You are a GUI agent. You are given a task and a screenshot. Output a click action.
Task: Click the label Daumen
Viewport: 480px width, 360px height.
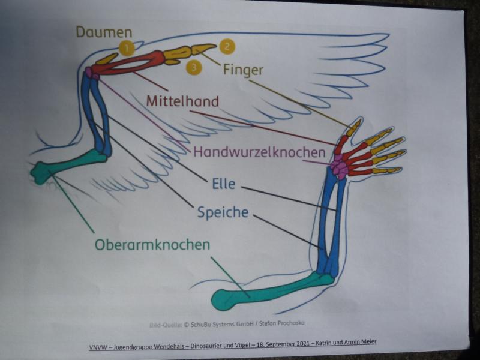click(x=104, y=32)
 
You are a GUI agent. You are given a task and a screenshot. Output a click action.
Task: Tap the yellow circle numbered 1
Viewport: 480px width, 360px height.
click(x=127, y=48)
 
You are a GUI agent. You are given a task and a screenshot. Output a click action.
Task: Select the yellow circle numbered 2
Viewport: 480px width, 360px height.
click(x=227, y=46)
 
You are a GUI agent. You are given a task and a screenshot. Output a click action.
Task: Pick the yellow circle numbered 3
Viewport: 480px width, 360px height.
click(x=194, y=67)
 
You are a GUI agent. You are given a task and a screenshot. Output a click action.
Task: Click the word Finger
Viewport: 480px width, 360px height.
click(x=243, y=70)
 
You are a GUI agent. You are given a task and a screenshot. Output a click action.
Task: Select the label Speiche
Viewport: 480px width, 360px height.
click(x=223, y=212)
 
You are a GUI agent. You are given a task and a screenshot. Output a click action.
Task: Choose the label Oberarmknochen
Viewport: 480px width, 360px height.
click(x=152, y=245)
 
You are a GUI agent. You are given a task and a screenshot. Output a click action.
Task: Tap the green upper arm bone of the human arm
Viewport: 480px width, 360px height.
click(x=270, y=289)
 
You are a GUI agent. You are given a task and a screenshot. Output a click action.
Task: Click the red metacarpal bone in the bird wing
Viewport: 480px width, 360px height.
click(x=129, y=62)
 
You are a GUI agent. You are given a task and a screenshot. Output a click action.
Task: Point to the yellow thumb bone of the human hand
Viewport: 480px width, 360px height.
click(x=354, y=127)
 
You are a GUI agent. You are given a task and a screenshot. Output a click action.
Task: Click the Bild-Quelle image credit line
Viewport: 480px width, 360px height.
click(x=226, y=324)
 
